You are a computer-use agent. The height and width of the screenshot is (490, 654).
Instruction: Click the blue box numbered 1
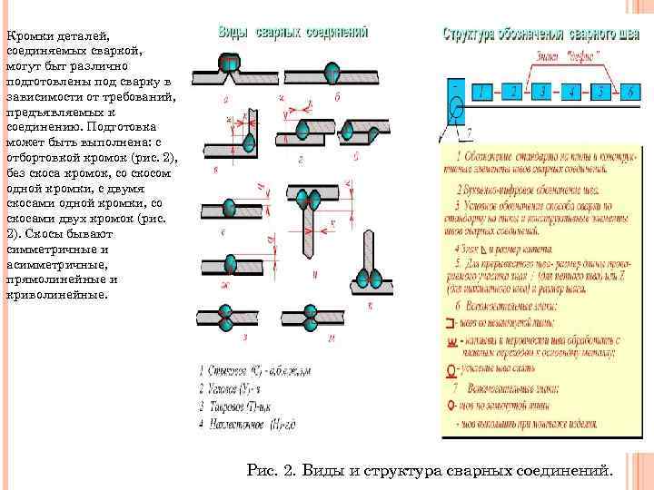[486, 91]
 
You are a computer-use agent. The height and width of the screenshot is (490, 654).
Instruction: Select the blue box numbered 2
[515, 91]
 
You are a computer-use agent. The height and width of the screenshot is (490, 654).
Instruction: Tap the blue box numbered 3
[543, 91]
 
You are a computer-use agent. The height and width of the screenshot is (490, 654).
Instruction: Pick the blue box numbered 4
[571, 91]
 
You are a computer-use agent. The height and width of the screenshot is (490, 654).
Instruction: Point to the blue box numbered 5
[600, 91]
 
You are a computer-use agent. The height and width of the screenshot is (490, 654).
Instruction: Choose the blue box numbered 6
[629, 91]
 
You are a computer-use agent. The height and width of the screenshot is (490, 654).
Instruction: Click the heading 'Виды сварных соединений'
[292, 31]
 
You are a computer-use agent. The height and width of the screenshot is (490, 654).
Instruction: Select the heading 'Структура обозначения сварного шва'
[541, 34]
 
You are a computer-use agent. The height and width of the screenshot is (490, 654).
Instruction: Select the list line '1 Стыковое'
[248, 371]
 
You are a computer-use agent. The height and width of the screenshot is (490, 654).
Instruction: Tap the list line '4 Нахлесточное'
[247, 423]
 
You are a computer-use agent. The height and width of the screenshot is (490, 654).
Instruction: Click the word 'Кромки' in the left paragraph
[27, 35]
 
